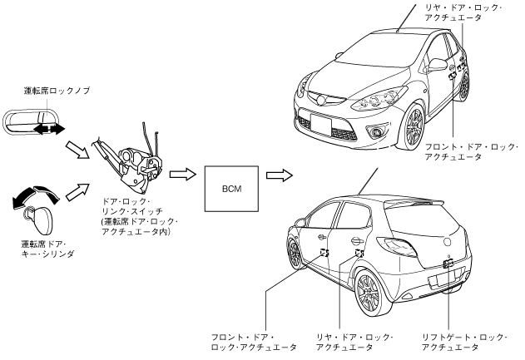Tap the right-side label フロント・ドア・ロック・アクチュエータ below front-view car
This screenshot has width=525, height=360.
(x=475, y=152)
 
